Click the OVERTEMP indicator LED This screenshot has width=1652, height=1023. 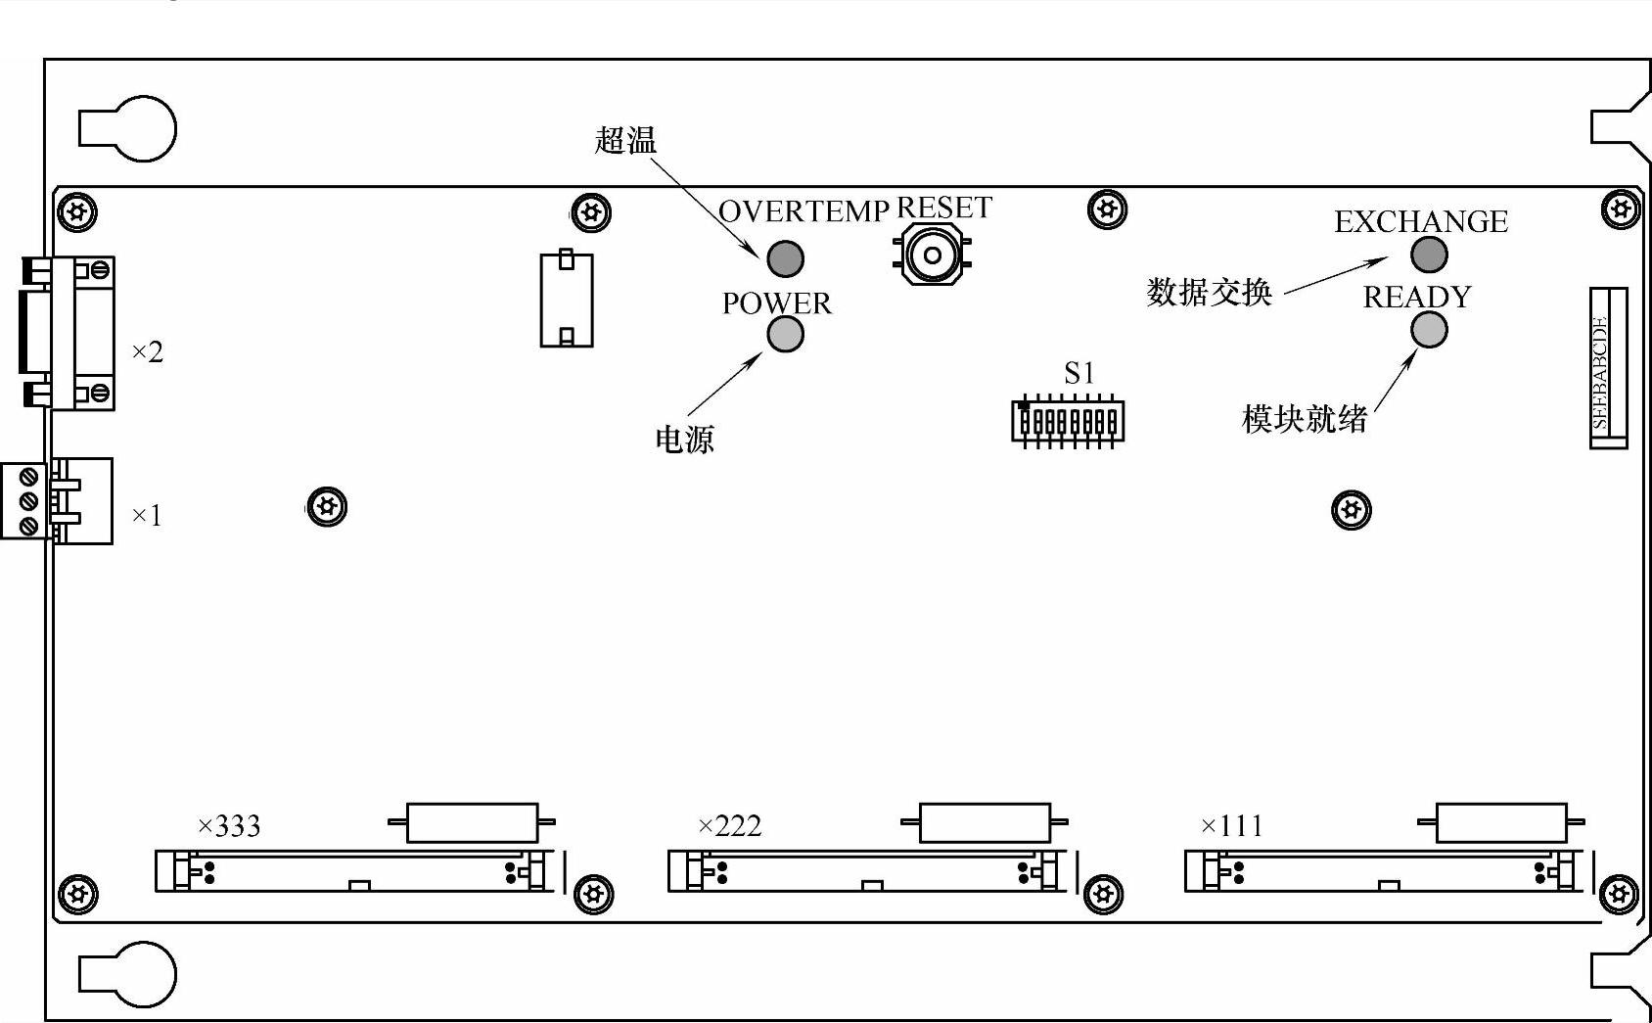[x=785, y=258]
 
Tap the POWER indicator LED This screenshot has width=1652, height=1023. [x=785, y=335]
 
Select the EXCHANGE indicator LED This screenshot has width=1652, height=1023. [x=1429, y=255]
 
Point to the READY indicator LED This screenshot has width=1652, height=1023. [x=1429, y=331]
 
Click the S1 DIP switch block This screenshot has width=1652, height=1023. [x=1068, y=422]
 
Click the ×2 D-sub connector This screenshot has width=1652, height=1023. [x=69, y=333]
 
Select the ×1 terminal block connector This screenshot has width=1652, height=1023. [x=57, y=500]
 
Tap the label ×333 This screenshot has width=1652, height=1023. [x=229, y=826]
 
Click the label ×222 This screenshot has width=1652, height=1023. [x=729, y=826]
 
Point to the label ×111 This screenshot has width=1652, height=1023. [x=1231, y=826]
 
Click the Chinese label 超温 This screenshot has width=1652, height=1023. [x=625, y=140]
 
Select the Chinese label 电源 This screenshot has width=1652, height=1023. [x=684, y=439]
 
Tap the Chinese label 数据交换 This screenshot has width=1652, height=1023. [x=1209, y=292]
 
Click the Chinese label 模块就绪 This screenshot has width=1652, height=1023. [x=1304, y=419]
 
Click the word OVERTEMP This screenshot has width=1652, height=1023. [x=803, y=211]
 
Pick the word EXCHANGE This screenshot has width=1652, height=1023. [x=1420, y=222]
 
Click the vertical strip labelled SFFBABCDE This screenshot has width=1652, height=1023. [x=1607, y=368]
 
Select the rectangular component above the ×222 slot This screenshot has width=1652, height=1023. [x=985, y=823]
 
